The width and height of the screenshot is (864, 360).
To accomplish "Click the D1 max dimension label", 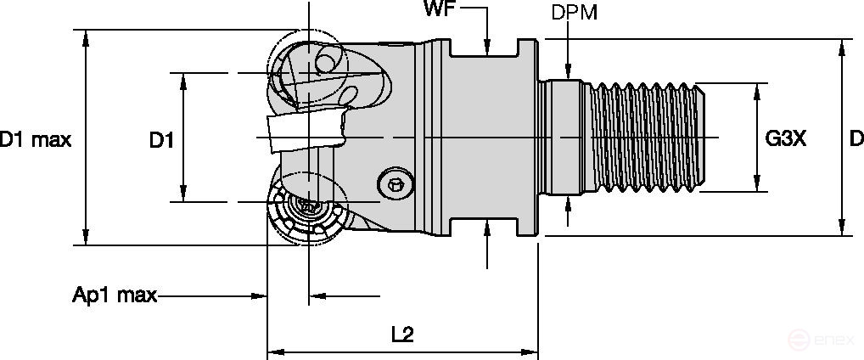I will click(36, 140).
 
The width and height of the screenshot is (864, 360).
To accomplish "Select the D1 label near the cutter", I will click(161, 140).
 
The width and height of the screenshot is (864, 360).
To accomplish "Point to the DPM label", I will click(574, 14).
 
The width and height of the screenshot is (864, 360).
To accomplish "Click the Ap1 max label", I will click(115, 295).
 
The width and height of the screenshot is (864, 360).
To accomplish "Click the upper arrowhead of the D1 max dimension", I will click(85, 36).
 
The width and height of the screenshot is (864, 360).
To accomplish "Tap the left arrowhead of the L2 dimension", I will click(274, 350).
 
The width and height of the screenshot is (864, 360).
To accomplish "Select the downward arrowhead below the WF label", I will click(487, 51).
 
